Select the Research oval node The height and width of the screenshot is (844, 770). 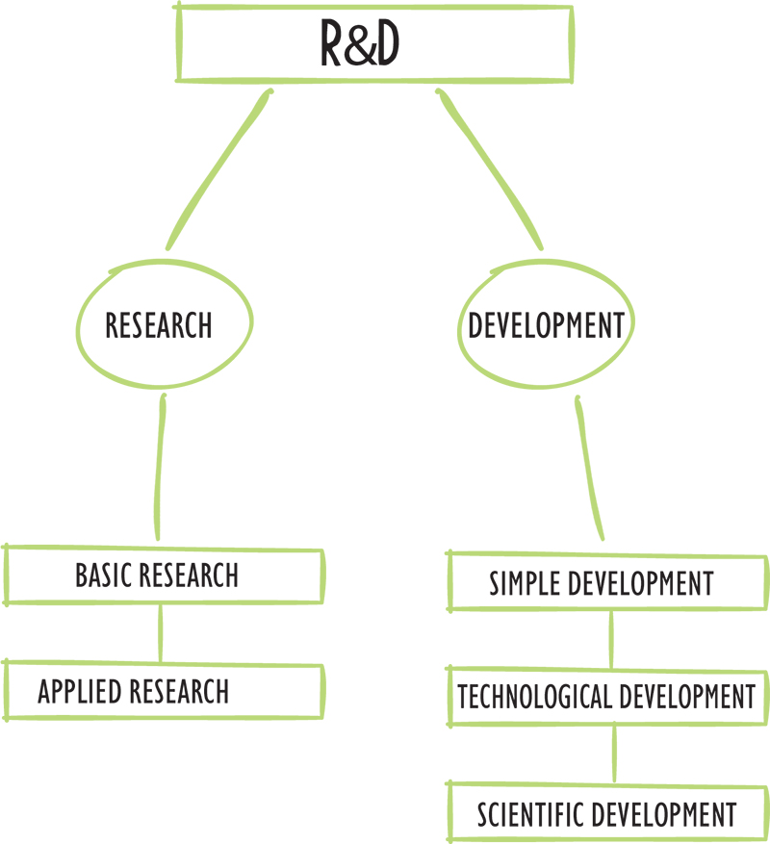click(x=159, y=325)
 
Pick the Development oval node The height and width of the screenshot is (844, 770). click(x=546, y=325)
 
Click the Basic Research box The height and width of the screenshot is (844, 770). click(x=164, y=575)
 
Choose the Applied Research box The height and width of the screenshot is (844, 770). click(x=164, y=690)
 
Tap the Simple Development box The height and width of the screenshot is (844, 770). click(x=606, y=582)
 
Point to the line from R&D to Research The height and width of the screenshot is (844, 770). click(x=218, y=168)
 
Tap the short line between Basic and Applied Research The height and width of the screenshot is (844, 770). click(x=160, y=632)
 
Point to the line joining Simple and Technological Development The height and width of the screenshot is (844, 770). click(x=611, y=639)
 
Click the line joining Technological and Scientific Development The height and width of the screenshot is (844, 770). click(x=614, y=754)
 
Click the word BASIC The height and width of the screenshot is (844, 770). click(x=105, y=575)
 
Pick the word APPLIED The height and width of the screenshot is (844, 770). click(x=82, y=691)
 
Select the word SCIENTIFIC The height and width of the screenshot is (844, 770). click(x=530, y=814)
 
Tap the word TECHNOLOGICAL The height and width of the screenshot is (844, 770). click(x=534, y=696)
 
